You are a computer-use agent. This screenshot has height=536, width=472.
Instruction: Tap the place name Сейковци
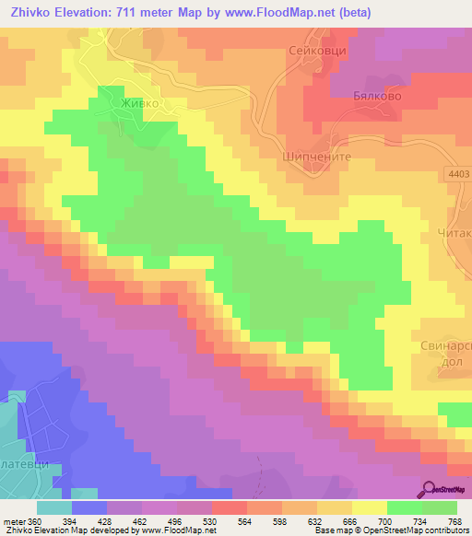click(316, 52)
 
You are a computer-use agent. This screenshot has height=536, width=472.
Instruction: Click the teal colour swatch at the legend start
click(54, 507)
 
